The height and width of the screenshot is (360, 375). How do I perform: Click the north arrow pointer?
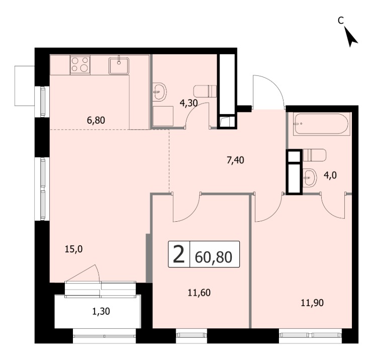click(x=350, y=37)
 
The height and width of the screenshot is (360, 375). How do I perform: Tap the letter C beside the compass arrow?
click(x=341, y=21)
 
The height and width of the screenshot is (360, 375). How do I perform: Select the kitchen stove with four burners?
click(x=80, y=65)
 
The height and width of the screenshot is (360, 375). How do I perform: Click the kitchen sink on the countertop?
click(x=119, y=65)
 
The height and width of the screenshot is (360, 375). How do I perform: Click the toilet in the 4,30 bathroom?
click(x=205, y=91)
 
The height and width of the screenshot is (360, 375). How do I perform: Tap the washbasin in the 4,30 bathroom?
click(x=159, y=92)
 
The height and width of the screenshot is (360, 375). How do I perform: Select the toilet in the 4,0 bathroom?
click(x=314, y=155)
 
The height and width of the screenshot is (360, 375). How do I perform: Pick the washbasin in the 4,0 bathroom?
click(x=310, y=177)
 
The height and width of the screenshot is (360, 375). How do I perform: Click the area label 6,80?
click(x=96, y=120)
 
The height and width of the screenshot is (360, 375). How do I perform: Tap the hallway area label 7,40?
click(x=235, y=160)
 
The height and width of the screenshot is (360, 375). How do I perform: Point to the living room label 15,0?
click(x=74, y=249)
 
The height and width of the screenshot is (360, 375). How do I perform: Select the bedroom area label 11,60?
click(x=199, y=292)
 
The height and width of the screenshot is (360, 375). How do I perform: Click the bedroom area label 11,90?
click(x=312, y=303)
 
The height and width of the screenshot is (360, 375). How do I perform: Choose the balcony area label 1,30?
click(x=101, y=311)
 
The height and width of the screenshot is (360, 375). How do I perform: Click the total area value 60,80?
click(x=214, y=257)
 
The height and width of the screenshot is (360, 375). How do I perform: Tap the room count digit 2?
click(x=179, y=255)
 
